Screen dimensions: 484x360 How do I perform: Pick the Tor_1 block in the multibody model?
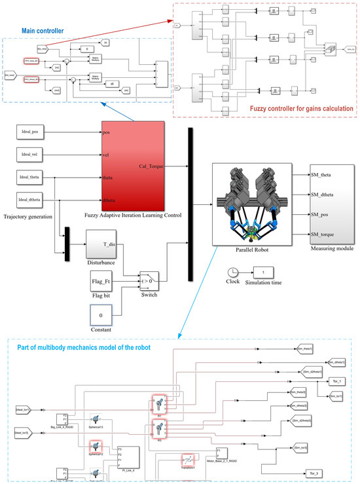[x=330, y=379]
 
